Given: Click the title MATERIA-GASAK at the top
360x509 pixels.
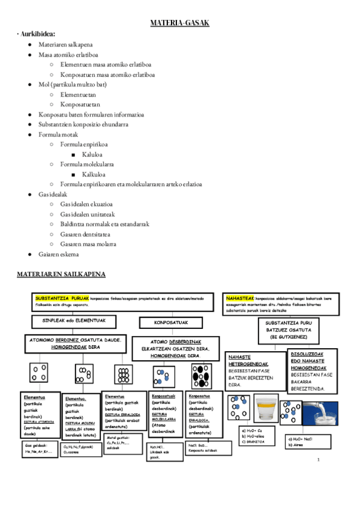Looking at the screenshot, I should pos(179,23).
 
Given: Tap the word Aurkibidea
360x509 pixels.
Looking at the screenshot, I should pos(38,35).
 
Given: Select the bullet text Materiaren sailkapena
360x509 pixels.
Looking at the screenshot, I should pos(65,45).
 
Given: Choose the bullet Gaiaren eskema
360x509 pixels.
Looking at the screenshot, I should pos(59,254).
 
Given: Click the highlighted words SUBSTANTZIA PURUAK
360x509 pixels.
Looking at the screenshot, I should pos(62,298).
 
